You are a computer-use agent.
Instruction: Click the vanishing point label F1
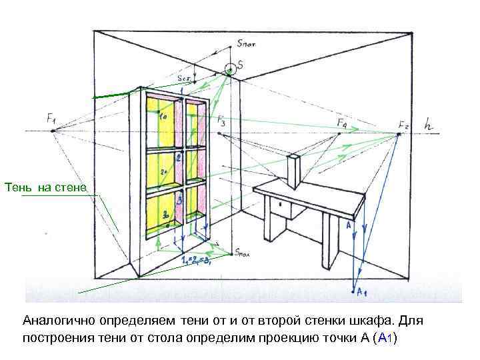click(51, 119)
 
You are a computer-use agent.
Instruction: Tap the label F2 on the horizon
click(404, 125)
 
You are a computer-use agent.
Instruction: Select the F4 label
click(341, 123)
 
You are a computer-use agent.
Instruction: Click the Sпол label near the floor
click(243, 253)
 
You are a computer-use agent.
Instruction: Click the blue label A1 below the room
click(361, 291)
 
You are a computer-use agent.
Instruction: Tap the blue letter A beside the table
click(348, 226)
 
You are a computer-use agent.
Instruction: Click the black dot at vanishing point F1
click(53, 132)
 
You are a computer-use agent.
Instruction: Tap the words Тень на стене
click(45, 187)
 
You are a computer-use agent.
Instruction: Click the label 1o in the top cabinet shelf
click(163, 116)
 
